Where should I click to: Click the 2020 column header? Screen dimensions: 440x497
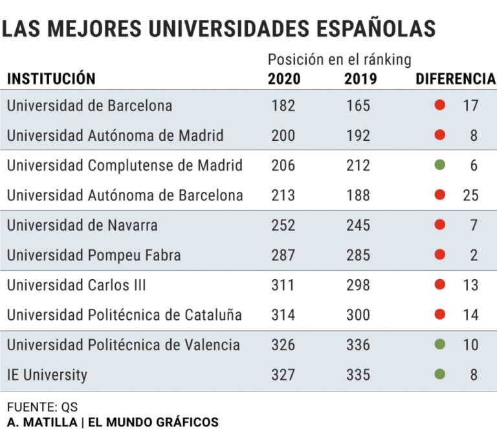284,79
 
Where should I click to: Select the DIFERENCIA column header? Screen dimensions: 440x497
455,79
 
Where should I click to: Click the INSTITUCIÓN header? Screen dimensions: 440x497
51,79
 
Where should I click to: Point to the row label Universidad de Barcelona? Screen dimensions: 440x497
89,105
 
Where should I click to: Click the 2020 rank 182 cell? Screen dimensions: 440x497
283,105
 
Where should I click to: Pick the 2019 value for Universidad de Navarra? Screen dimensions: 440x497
358,225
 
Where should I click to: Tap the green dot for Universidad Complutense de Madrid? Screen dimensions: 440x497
440,165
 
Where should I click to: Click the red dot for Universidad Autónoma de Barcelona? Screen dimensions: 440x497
440,195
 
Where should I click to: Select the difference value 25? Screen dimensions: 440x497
470,195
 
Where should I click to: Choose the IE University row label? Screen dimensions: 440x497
47,375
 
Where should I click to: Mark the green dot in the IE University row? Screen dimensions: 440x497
440,374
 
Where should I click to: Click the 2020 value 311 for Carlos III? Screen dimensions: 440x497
283,285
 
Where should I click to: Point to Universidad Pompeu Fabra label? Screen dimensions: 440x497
94,255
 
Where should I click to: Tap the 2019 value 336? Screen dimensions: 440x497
358,345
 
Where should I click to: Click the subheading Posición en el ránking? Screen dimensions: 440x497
340,60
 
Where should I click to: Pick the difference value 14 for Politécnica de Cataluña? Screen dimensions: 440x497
470,315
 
